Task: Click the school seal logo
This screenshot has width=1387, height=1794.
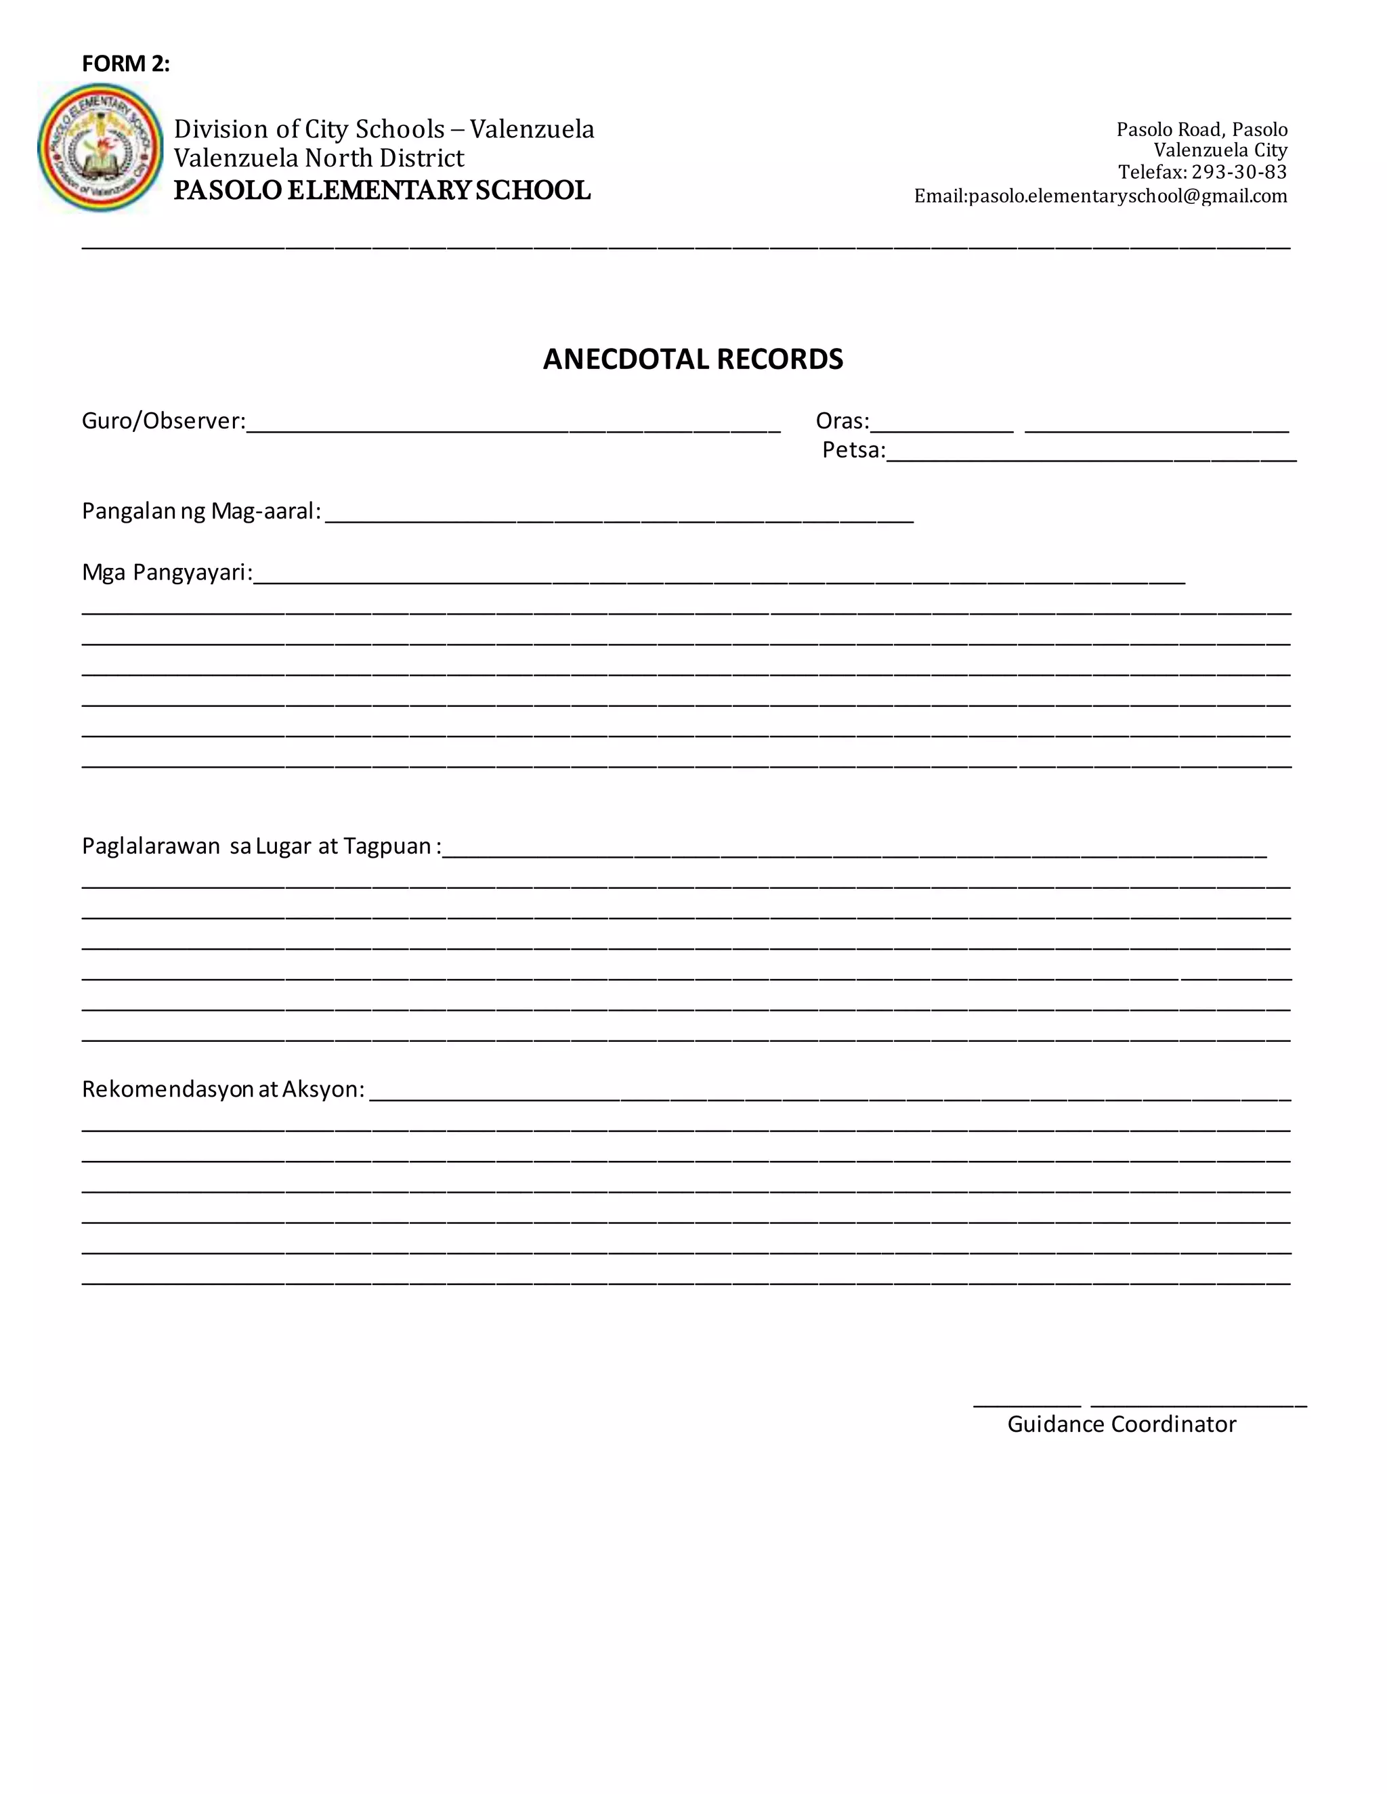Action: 100,148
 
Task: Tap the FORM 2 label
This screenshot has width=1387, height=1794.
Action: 126,64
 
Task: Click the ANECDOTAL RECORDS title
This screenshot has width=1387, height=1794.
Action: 693,359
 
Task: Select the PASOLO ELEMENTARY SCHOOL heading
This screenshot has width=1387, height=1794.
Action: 382,191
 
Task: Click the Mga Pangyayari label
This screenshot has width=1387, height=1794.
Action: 167,573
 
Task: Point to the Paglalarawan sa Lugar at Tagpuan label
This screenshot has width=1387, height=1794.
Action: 261,846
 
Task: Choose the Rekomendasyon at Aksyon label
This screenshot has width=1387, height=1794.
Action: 223,1089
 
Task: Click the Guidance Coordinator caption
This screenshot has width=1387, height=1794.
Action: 1122,1424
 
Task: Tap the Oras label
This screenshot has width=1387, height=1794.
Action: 841,421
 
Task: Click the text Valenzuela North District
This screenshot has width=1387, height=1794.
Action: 319,158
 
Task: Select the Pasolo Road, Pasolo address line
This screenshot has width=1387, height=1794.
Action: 1201,130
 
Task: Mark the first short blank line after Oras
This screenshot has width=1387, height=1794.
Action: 941,428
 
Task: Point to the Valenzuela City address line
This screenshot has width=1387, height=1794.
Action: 1220,150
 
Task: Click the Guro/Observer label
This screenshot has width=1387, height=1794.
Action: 163,421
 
